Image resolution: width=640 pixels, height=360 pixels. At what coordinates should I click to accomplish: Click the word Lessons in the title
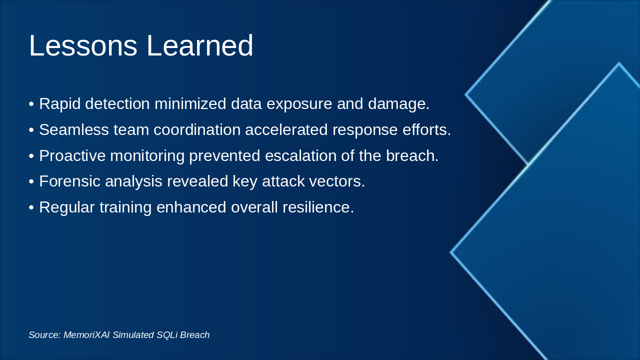point(83,45)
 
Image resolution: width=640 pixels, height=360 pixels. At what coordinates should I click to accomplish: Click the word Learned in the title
point(199,45)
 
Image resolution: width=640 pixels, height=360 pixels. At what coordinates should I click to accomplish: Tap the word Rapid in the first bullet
point(59,104)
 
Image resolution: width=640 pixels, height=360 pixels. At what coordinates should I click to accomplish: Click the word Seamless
point(74,129)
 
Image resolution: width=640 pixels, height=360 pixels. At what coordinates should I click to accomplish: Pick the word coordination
point(197,129)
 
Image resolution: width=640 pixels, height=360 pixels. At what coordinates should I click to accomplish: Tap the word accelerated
point(286,129)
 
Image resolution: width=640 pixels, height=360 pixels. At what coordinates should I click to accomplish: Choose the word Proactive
point(72,156)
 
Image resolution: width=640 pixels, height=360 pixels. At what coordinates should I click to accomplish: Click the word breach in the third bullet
point(412,156)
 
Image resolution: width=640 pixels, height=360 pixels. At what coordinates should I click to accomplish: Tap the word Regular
point(67,207)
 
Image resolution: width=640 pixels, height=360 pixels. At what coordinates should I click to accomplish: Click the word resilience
point(318,207)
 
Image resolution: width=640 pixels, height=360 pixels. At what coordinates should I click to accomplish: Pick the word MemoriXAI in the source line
point(86,335)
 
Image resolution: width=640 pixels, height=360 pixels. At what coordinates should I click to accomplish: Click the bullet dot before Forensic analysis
point(31,181)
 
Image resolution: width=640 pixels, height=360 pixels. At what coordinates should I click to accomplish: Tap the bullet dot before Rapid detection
point(31,104)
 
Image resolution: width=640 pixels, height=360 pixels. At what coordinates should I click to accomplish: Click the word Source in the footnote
point(44,335)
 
